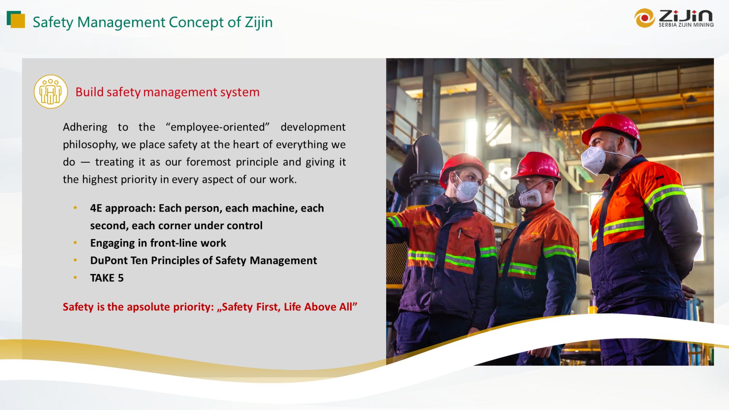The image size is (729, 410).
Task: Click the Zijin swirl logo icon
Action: (x=644, y=18)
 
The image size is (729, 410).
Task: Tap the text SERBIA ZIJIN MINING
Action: (x=686, y=25)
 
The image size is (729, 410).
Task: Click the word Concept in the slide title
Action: (x=196, y=22)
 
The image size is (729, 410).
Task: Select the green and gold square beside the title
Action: (x=16, y=20)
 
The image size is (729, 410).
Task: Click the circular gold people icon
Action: (x=51, y=91)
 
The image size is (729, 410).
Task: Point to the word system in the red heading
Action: (x=242, y=92)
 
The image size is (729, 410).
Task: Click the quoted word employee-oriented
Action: (x=218, y=127)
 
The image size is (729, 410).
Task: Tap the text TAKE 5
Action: (x=107, y=278)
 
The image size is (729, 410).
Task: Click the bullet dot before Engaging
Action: (x=75, y=243)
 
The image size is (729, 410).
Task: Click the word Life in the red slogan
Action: (x=292, y=307)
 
